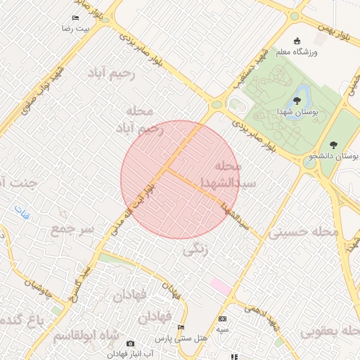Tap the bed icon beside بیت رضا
pyautogui.click(x=76, y=18)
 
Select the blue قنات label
pyautogui.click(x=23, y=210)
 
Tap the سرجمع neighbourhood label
pyautogui.click(x=72, y=229)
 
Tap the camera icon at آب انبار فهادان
pyautogui.click(x=130, y=344)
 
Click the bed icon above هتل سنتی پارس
pyautogui.click(x=181, y=328)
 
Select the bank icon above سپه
pyautogui.click(x=223, y=319)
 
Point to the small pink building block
pyautogui.click(x=220, y=287)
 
